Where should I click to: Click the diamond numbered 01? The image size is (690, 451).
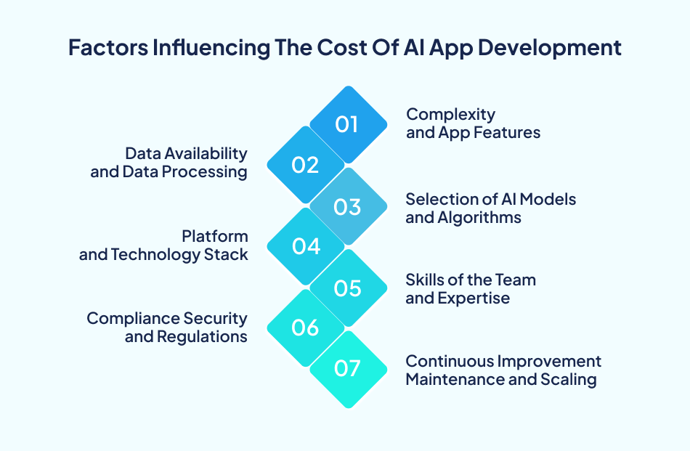347,123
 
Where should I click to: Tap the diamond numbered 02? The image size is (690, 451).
306,165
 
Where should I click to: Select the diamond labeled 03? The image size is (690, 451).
347,206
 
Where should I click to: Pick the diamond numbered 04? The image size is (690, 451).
306,247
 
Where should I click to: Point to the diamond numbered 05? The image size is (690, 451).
347,288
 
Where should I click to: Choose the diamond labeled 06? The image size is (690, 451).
306,328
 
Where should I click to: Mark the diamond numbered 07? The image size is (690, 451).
347,369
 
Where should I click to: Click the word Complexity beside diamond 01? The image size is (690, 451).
450,115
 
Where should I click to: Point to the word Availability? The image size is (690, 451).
206,153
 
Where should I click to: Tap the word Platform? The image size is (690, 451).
215,236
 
